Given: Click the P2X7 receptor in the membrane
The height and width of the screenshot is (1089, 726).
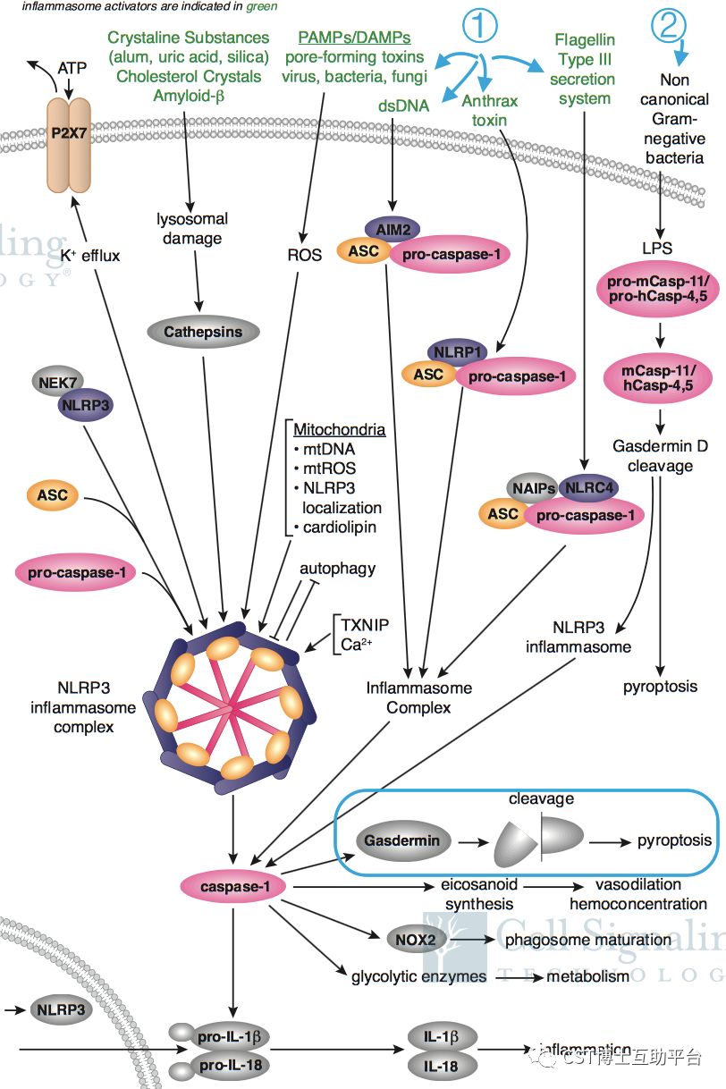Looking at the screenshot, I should click(x=68, y=133).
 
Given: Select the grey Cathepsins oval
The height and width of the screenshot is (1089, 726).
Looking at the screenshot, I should click(x=203, y=333).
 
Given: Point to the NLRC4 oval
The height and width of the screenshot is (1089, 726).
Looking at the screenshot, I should click(x=586, y=488).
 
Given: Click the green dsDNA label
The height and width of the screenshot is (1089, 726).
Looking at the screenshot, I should click(x=403, y=106).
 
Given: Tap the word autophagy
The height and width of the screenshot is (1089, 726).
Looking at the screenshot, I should click(x=338, y=568).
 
